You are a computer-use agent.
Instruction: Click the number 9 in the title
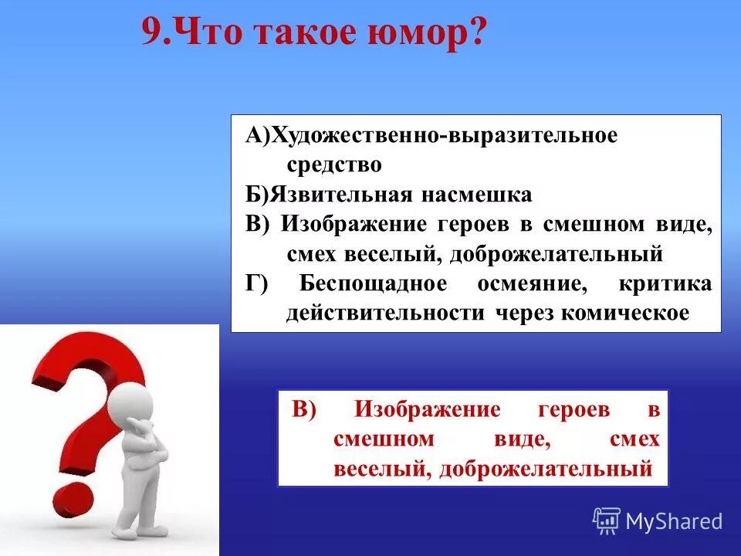(153, 34)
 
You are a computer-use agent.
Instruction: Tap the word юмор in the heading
(428, 34)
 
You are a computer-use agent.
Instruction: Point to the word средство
(334, 164)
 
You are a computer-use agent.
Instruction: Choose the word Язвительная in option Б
(340, 195)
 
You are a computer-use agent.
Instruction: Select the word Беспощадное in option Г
(372, 283)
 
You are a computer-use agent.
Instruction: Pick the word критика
(665, 283)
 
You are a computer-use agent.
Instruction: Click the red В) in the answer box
(305, 410)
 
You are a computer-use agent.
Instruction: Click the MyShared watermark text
(673, 522)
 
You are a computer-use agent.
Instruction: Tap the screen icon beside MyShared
(607, 520)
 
